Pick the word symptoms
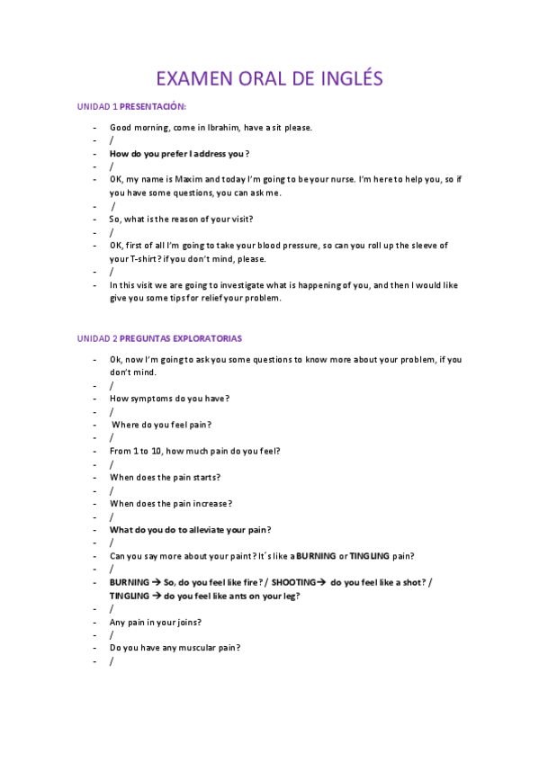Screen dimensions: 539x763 [152, 399]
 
